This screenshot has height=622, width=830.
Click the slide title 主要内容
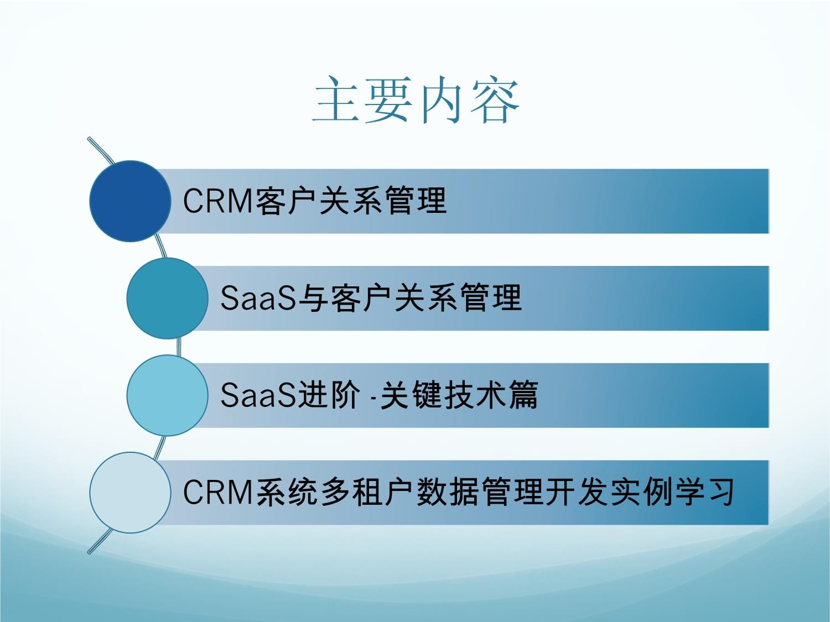(416, 100)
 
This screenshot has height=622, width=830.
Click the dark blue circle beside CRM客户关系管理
(130, 201)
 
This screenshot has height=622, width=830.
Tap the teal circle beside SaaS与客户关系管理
(167, 299)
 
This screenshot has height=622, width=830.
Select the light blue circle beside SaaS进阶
(167, 395)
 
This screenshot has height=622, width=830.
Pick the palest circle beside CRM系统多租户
(130, 493)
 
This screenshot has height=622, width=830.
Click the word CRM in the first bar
(217, 201)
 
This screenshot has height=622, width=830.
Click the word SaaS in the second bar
(258, 298)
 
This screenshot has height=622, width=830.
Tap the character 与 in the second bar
(313, 298)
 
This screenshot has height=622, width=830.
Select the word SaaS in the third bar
(258, 395)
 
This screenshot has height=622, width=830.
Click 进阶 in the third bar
(329, 395)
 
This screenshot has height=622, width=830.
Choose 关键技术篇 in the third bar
(459, 395)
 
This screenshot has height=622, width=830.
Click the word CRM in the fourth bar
(217, 492)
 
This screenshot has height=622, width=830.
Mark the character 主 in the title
(336, 100)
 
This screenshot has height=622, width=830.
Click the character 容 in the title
(495, 100)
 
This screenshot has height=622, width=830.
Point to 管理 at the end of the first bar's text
(415, 201)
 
